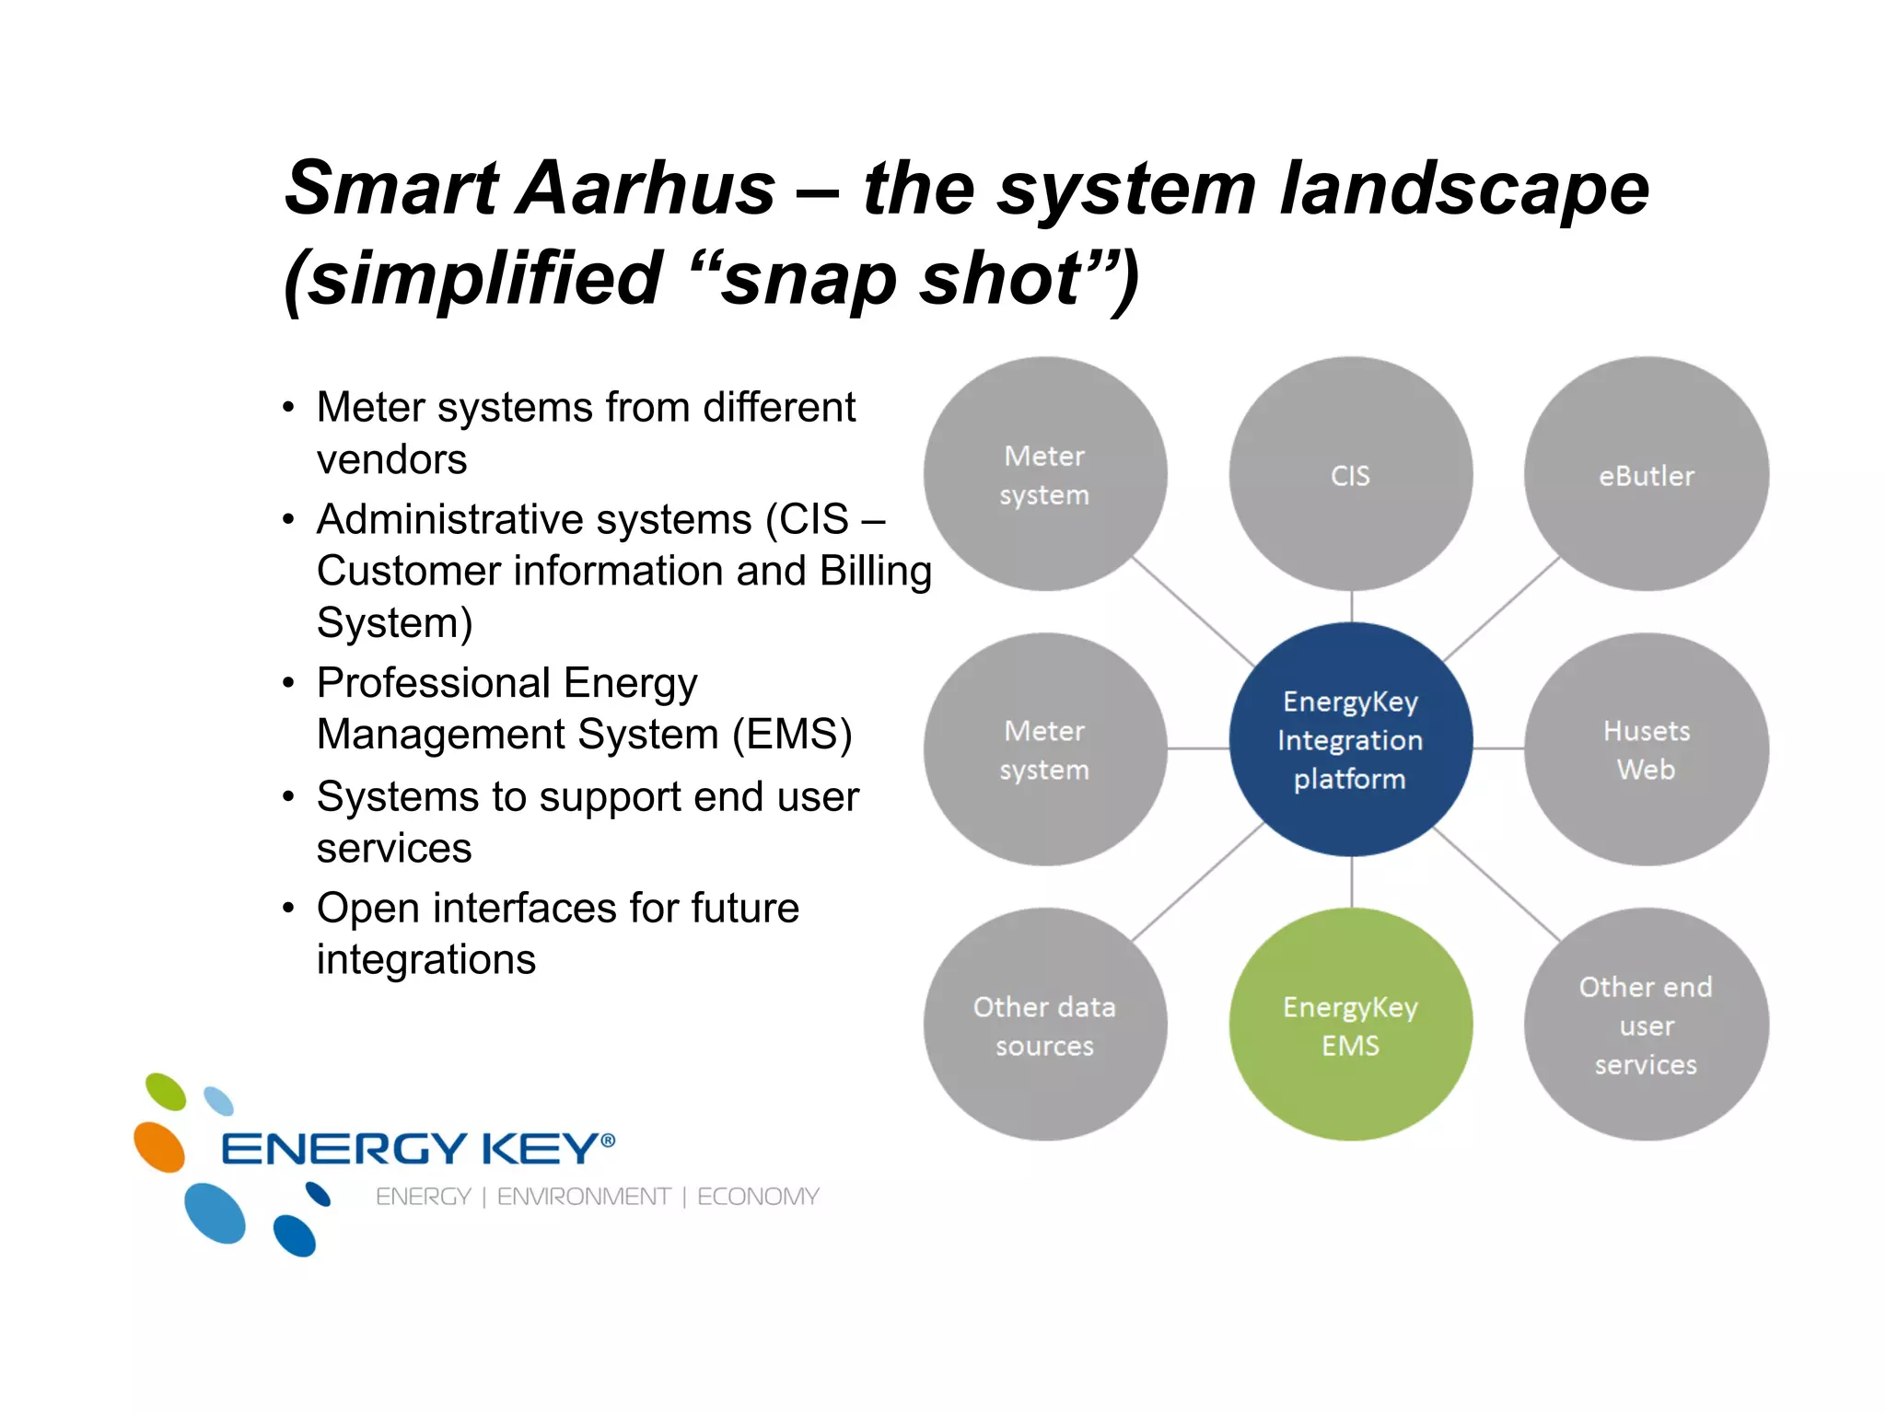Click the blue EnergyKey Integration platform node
pos(1350,739)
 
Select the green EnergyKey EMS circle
pos(1350,1025)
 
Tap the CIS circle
pos(1350,475)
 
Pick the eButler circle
pos(1646,475)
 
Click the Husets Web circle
pos(1646,748)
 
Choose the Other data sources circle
pos(1044,1025)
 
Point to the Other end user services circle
pos(1646,1025)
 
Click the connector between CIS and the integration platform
pos(1351,607)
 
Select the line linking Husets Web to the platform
pos(1498,748)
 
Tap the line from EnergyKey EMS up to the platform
pos(1351,882)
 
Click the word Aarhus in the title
pos(648,189)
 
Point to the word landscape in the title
pos(1464,189)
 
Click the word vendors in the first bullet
pos(391,459)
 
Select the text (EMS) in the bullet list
pos(792,735)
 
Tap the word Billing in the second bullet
pos(875,571)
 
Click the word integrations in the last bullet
pos(425,959)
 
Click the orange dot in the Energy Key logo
pos(159,1147)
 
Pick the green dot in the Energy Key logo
pos(166,1092)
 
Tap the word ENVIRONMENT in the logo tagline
pos(584,1197)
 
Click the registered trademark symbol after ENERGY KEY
pos(608,1141)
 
